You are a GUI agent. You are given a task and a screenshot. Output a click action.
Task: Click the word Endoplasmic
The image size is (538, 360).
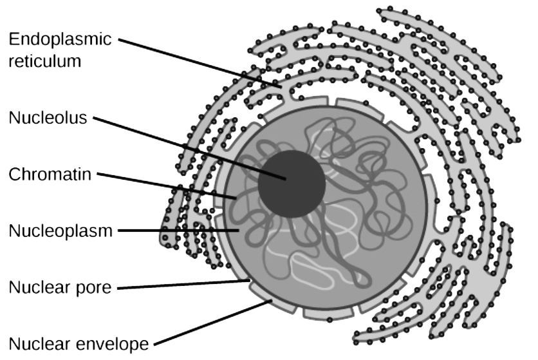(60, 39)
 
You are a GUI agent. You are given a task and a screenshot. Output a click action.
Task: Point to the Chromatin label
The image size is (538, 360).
(50, 173)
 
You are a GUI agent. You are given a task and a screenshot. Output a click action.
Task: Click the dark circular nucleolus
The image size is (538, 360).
(291, 184)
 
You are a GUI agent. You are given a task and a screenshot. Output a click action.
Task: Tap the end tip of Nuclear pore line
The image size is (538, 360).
(250, 280)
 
